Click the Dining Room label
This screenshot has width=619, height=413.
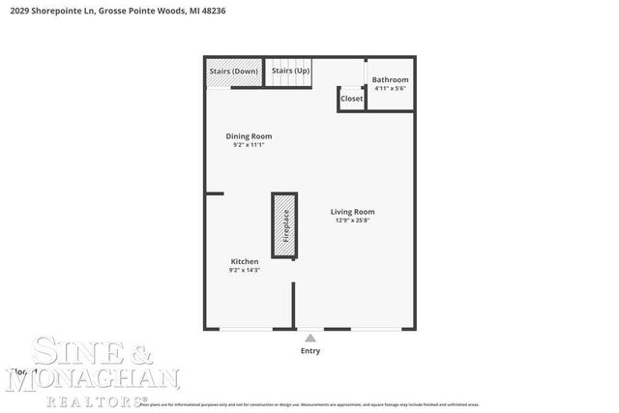249,136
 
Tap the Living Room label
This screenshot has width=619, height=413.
352,212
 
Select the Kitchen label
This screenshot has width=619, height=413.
244,262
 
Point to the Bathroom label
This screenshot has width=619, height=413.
390,79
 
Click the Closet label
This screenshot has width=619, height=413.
351,99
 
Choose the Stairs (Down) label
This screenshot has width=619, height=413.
233,72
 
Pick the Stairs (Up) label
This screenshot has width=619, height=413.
290,72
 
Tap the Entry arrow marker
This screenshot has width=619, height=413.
309,339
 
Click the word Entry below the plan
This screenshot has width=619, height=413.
309,350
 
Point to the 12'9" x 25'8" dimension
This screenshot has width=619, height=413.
352,221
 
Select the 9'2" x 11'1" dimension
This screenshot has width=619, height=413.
249,146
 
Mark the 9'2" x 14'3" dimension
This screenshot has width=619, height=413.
245,271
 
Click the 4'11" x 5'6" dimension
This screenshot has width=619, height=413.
390,89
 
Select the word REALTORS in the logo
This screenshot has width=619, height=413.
91,399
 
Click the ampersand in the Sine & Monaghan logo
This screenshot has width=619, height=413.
135,351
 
